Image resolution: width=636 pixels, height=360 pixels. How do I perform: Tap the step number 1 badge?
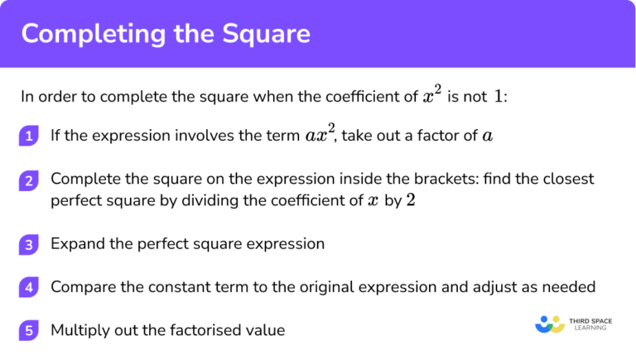coord(29,137)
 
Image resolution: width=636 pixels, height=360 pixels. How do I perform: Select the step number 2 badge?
coord(29,180)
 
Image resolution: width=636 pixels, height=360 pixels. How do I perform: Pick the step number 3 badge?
coord(29,245)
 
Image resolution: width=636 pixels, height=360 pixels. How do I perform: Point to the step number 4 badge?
coord(29,288)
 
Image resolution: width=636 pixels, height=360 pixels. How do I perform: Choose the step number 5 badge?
coord(29,330)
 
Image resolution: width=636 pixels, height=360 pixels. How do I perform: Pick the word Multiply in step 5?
coord(79,330)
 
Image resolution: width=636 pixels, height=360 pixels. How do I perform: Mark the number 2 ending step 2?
coord(412,200)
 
